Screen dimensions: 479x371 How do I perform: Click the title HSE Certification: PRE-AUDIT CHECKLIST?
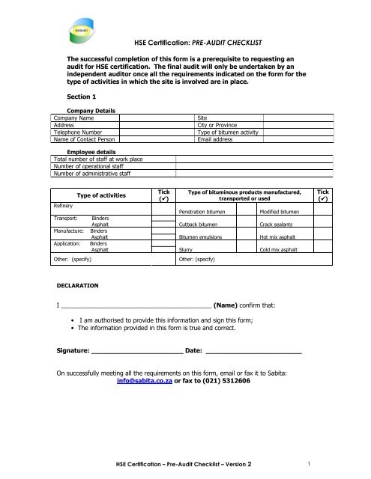(206, 45)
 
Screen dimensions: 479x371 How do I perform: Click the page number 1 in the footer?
(309, 463)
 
